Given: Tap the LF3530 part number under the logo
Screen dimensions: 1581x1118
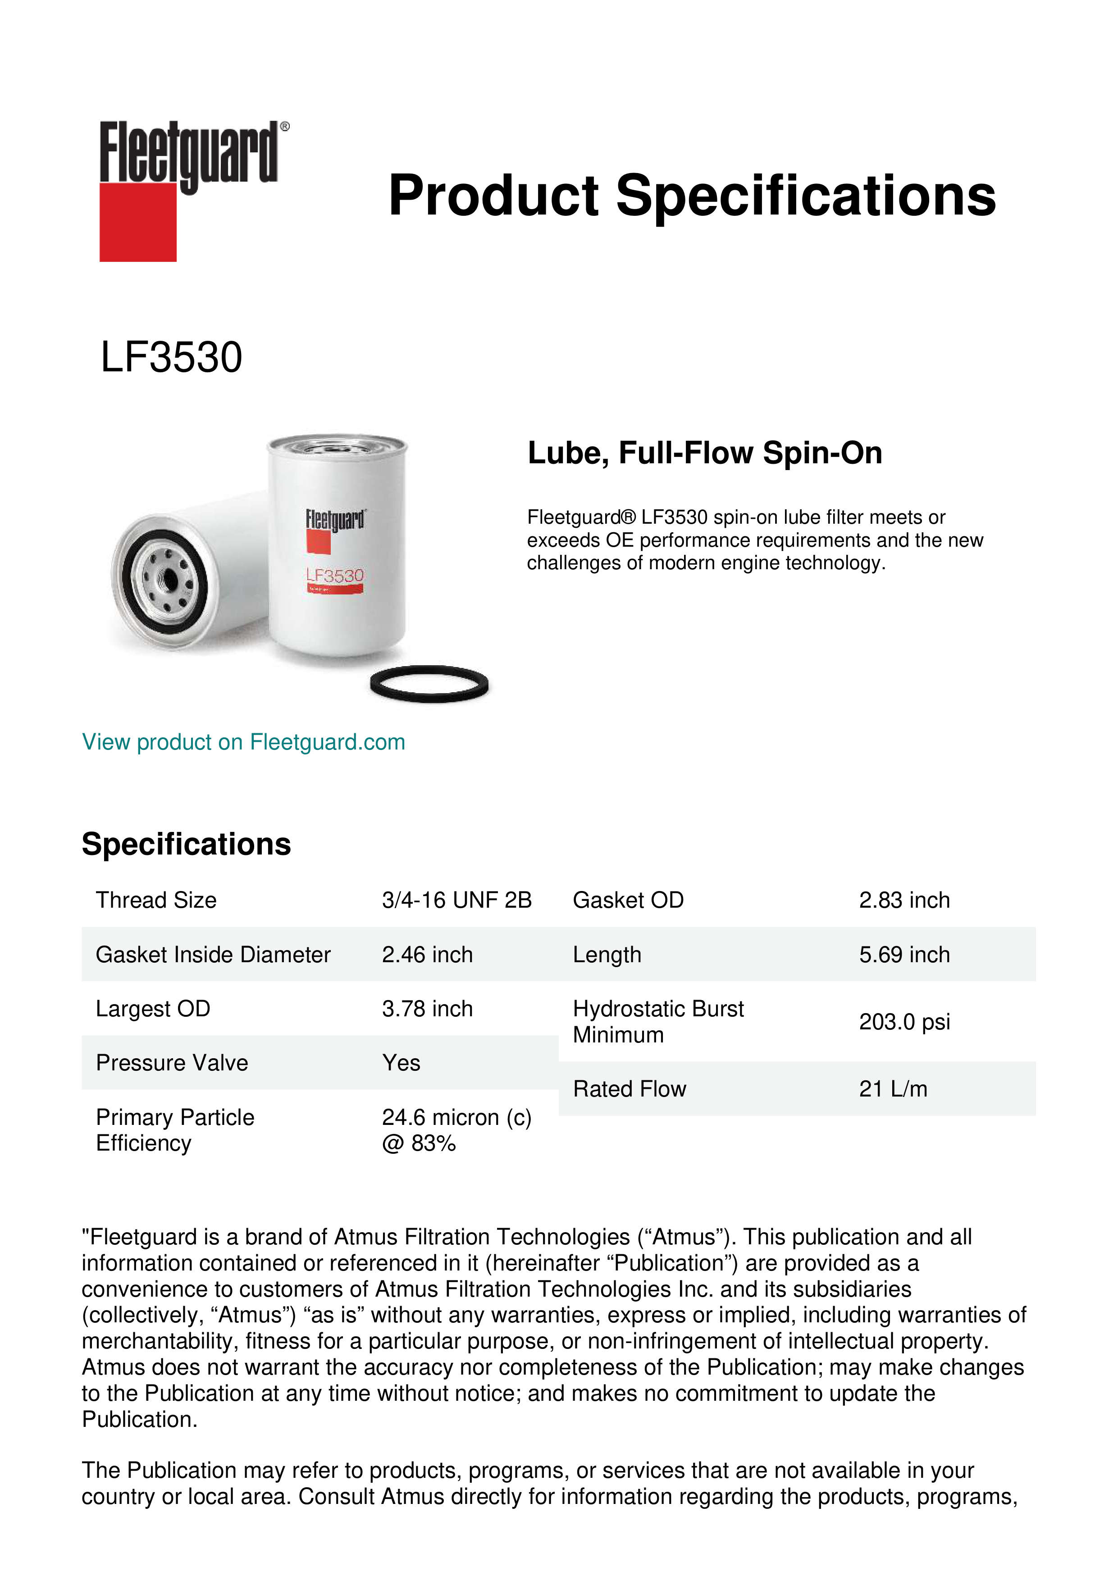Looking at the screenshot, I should click(x=171, y=357).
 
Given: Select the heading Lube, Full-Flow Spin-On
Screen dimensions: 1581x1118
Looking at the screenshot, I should click(x=704, y=453).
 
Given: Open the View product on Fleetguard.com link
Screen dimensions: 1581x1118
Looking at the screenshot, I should click(x=244, y=742).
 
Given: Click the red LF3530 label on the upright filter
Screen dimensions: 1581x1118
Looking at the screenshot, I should click(x=334, y=576).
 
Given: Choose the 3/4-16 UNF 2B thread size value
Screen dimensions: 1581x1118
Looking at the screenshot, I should click(x=456, y=900).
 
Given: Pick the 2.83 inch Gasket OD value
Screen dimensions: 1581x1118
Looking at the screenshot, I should click(x=904, y=900).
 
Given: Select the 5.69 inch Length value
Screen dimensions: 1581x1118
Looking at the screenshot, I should click(x=904, y=955).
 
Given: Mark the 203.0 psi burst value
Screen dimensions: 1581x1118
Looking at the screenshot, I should click(x=904, y=1022).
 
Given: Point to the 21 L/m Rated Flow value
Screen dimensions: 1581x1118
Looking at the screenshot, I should click(x=893, y=1089).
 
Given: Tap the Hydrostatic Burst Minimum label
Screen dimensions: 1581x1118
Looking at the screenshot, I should click(x=657, y=1022).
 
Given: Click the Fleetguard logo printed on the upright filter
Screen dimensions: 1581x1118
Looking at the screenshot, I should click(x=335, y=520).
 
